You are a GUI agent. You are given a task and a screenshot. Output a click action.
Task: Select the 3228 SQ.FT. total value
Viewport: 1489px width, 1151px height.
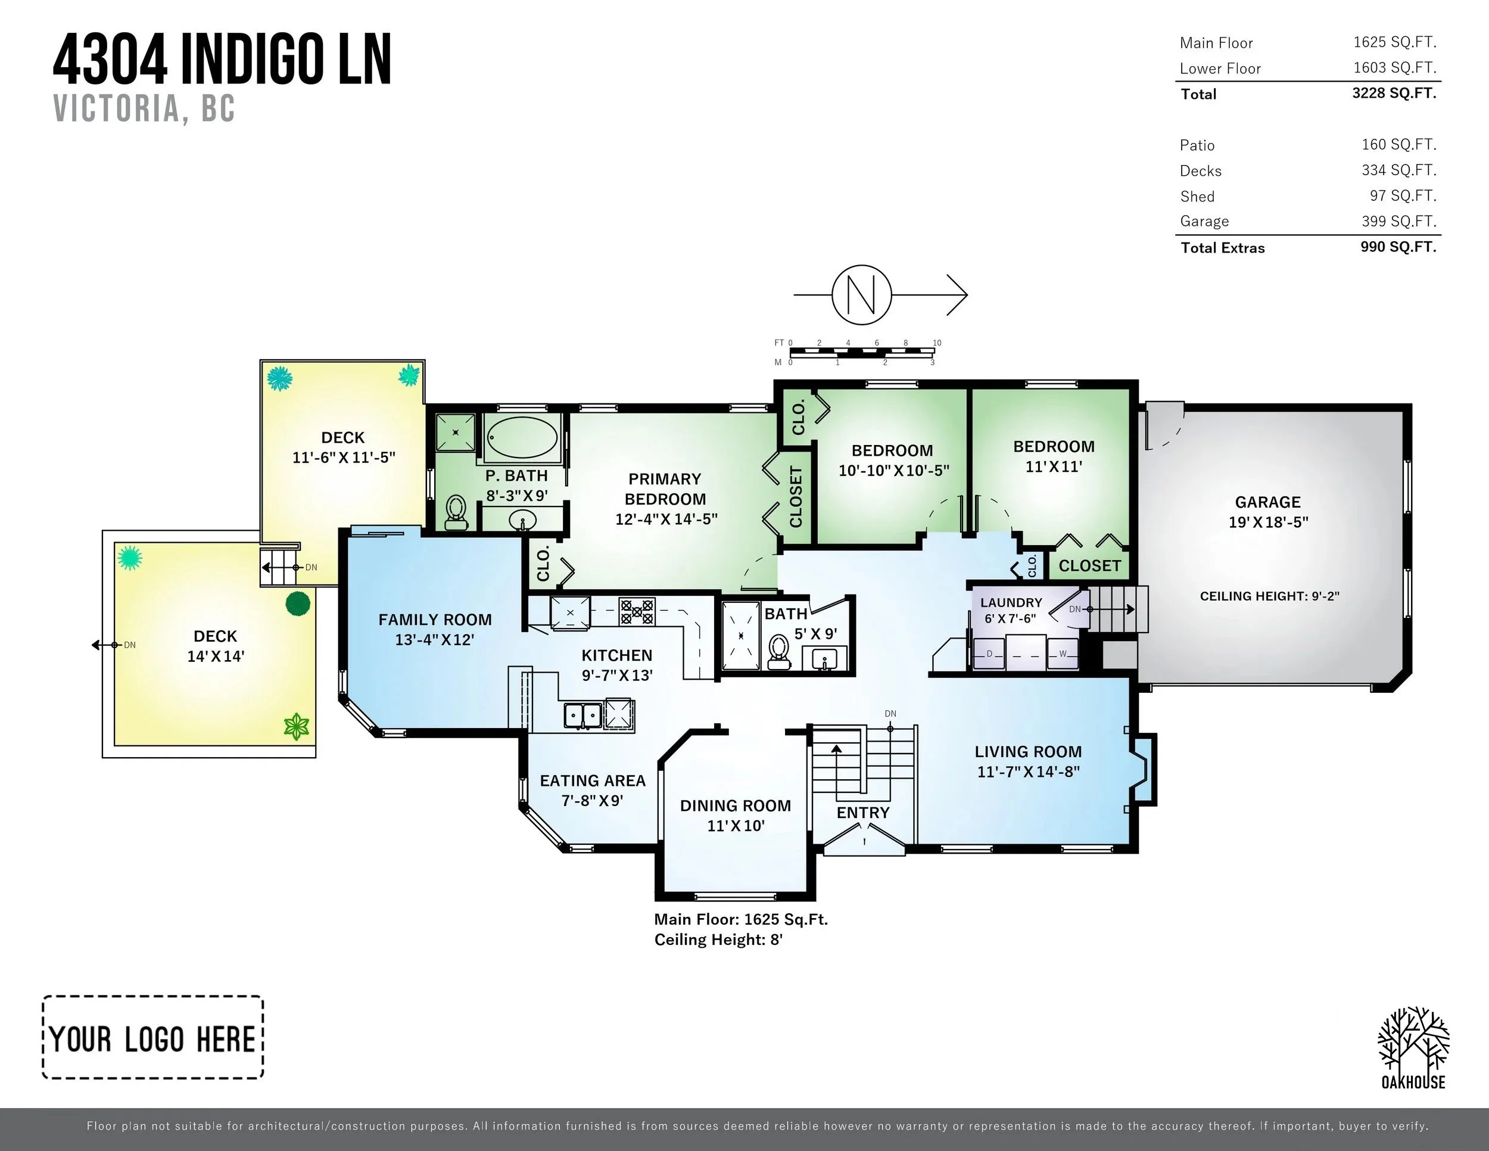tap(1394, 93)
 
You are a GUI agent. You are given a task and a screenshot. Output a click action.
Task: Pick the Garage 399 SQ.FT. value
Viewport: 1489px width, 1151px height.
tap(1399, 221)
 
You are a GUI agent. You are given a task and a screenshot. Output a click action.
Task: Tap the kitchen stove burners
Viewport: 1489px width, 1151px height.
tap(637, 612)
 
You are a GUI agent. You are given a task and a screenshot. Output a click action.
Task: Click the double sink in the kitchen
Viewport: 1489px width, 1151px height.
tap(582, 716)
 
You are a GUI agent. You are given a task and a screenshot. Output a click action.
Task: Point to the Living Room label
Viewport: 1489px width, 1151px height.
tap(1028, 751)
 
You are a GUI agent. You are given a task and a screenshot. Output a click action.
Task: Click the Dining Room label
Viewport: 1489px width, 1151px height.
tap(736, 805)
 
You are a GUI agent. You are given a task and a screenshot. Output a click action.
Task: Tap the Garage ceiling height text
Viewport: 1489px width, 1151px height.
tap(1269, 596)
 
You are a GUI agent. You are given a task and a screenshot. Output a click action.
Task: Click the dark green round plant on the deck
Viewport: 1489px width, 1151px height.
tap(298, 604)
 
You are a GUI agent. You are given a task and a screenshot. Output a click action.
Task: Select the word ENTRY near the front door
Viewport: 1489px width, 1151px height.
tap(863, 812)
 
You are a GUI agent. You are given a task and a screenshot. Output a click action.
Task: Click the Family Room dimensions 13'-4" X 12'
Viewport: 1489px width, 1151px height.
tap(435, 640)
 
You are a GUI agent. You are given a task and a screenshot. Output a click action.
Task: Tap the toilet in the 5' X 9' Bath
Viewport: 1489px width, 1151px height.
tap(778, 652)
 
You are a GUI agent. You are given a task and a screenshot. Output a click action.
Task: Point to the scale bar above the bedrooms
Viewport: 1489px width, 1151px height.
tap(862, 352)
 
